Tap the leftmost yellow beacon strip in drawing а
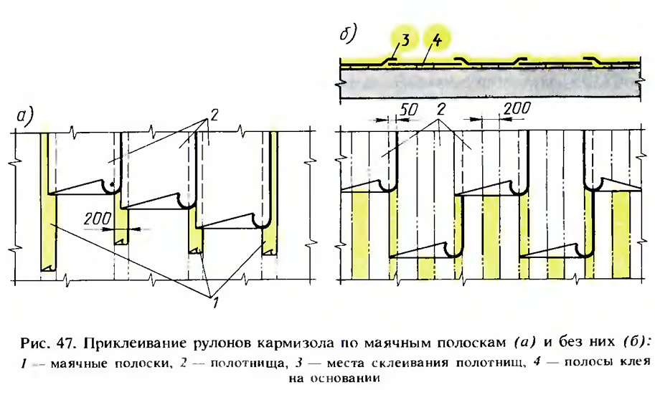(x=47, y=215)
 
